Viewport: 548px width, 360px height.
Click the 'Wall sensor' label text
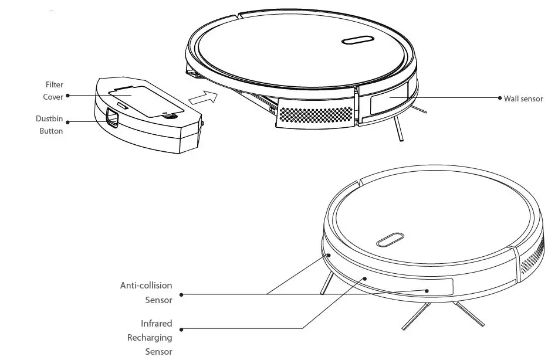(523, 99)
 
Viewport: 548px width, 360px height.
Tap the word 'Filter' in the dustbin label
(55, 85)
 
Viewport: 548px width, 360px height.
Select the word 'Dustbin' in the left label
(49, 119)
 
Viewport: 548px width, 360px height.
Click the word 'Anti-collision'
(146, 286)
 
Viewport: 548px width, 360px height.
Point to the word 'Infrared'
(156, 324)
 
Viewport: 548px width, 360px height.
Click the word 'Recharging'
(150, 338)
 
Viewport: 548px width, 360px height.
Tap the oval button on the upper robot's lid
(356, 41)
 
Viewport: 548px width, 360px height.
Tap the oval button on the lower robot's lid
(390, 240)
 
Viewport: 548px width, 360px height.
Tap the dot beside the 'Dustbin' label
(68, 122)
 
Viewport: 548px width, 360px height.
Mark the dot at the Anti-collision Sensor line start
(181, 294)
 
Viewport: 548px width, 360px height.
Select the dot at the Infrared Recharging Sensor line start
(181, 328)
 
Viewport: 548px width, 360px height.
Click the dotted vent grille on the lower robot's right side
(531, 260)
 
